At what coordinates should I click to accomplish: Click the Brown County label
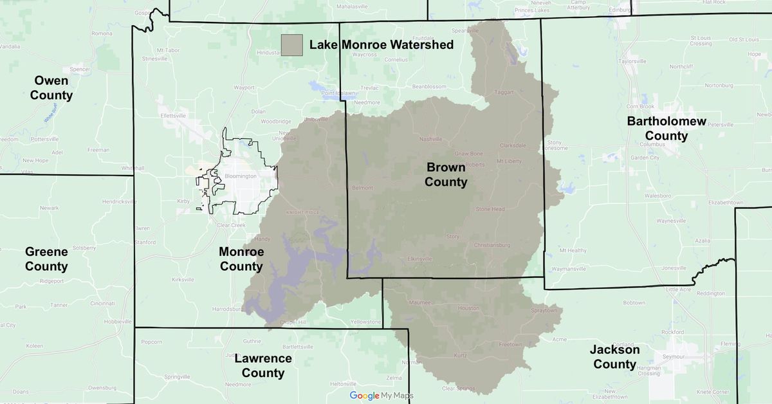coord(446,174)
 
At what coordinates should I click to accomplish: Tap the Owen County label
coord(53,88)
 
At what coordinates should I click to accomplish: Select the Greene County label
coord(46,259)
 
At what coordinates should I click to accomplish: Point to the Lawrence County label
coord(262,366)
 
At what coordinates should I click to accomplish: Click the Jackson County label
coord(615,357)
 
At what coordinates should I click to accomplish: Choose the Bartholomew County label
coord(666,129)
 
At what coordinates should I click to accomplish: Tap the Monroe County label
coord(241,259)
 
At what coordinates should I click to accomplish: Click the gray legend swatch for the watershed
coord(291,45)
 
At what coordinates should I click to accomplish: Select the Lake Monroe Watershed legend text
coord(381,45)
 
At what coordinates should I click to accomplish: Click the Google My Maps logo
coord(381,396)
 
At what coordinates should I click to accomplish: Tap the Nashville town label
coord(431,139)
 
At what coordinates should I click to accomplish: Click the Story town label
coord(453,236)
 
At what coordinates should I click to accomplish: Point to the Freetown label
coord(511,344)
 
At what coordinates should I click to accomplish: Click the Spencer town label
coord(80,69)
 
